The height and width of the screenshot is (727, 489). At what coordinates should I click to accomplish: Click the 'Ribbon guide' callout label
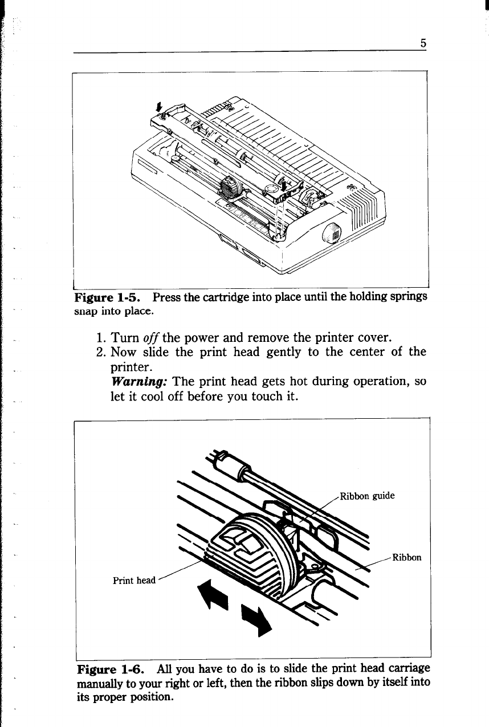(x=367, y=495)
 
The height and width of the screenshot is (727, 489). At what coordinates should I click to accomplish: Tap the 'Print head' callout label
(x=134, y=581)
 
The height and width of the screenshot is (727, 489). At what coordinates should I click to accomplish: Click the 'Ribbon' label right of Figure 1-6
(x=407, y=557)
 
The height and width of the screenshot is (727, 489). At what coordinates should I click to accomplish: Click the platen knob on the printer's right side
(x=332, y=232)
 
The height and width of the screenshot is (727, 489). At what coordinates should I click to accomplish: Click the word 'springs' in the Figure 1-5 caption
(x=408, y=298)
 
